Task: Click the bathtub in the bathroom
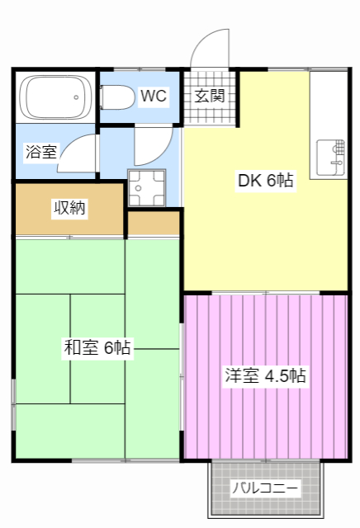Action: point(54,98)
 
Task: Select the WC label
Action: point(153,97)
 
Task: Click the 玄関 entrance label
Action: point(210,95)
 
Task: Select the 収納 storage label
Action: point(69,208)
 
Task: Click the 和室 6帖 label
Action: point(97,347)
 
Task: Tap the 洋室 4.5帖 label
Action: point(265,376)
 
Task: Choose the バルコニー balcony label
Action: point(264,488)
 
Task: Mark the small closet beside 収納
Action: point(154,223)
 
